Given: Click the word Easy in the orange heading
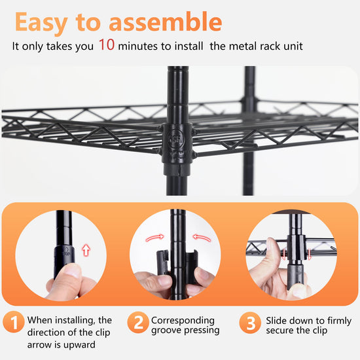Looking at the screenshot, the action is coord(41,22).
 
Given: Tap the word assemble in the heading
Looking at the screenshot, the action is coord(166,22).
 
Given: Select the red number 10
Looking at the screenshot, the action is coord(107,45).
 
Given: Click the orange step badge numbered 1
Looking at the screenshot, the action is coord(14,322).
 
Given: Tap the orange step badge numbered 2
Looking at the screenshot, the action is coord(138,322).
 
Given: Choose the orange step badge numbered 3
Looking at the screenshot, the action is coord(250,323).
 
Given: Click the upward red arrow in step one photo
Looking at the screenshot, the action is coord(86,250).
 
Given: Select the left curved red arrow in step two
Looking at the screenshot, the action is coord(155,238).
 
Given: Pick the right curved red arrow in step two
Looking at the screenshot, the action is coord(202,238).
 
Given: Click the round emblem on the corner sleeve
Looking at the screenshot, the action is coord(176,138).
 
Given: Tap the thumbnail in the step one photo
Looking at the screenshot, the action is coord(71,270).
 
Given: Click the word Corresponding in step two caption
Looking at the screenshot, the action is coord(183,321).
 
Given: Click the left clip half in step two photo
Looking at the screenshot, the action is coord(163,263).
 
